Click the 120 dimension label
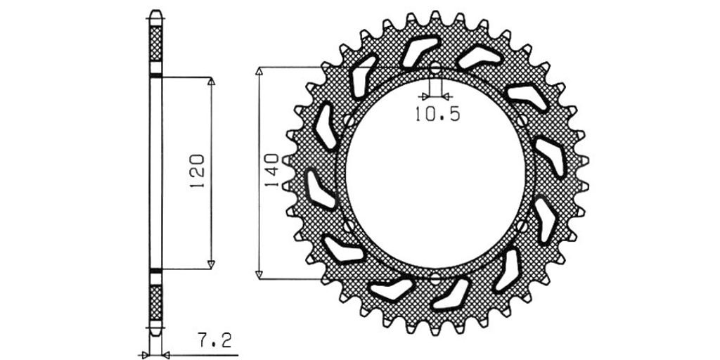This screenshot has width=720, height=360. click(x=196, y=172)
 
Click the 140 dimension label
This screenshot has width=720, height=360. click(x=271, y=170)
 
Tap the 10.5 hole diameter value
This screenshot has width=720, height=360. click(x=437, y=115)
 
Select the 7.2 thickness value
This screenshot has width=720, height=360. click(x=214, y=341)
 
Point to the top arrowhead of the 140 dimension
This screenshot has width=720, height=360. click(x=259, y=71)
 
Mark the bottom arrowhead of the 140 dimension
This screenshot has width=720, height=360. click(x=259, y=275)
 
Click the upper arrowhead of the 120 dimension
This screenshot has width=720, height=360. click(x=211, y=82)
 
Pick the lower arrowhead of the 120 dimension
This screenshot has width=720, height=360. click(x=211, y=264)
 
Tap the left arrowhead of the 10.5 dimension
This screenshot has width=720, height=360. click(x=425, y=96)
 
